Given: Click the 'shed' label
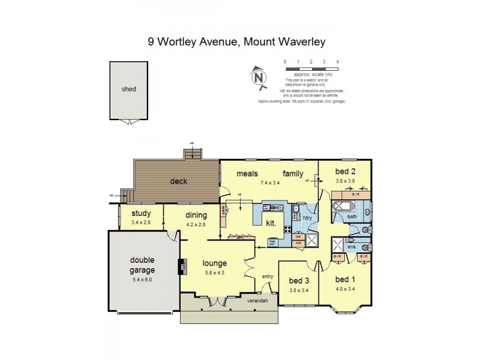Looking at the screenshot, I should [x=128, y=89].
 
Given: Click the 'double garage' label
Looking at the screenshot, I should [x=142, y=265].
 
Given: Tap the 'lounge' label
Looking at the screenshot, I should [x=214, y=262].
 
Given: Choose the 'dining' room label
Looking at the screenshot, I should [x=196, y=215].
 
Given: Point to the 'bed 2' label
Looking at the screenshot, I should [x=344, y=171].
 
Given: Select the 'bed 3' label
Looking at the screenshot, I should [x=298, y=281].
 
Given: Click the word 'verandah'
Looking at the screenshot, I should [x=257, y=301].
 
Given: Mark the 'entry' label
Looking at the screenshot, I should [x=268, y=276].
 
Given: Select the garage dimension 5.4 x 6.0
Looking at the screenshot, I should [x=142, y=279].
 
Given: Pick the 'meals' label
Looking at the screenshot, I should [x=247, y=173].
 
